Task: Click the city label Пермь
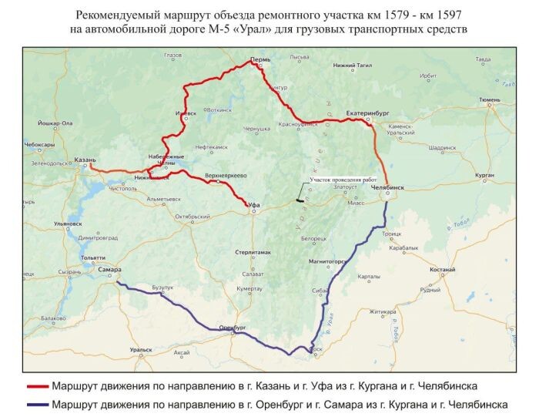coord(260,59)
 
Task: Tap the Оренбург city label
coord(233,327)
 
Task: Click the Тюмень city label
coord(489,99)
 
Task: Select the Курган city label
coord(484,177)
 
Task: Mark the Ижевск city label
coord(186,113)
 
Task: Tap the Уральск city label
coord(141,349)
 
